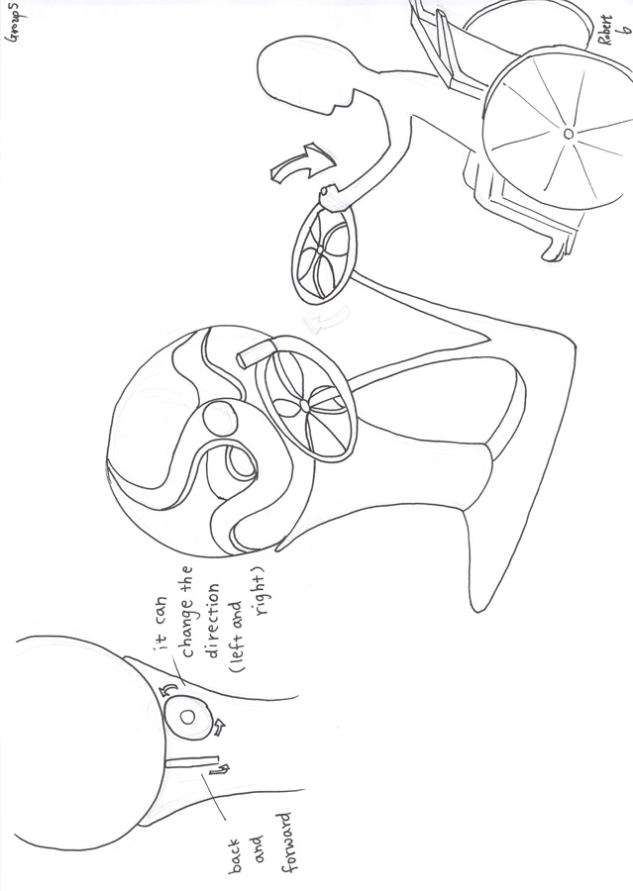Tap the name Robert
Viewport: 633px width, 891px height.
click(606, 31)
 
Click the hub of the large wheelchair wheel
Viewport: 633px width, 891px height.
click(568, 134)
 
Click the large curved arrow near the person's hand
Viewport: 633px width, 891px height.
click(301, 163)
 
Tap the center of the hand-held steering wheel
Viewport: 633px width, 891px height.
click(320, 249)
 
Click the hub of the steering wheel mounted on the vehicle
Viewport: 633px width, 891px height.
click(304, 405)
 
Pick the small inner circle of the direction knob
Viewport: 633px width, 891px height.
click(187, 717)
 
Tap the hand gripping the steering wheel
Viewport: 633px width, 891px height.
click(329, 197)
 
